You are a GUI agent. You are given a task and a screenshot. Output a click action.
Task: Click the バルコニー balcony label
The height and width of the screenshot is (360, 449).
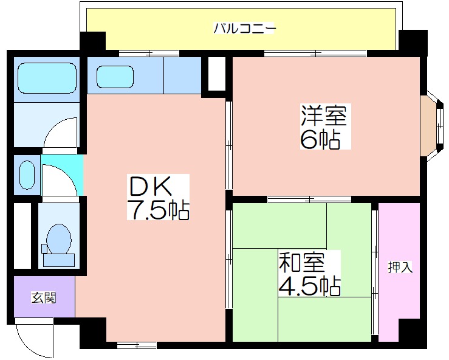[x=245, y=29]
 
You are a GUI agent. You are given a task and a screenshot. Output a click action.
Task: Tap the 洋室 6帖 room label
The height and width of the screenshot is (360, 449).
[x=325, y=126]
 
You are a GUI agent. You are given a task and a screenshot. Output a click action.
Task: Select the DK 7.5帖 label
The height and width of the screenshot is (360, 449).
[x=158, y=196]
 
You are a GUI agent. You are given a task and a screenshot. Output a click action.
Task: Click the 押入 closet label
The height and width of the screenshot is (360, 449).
[x=400, y=267]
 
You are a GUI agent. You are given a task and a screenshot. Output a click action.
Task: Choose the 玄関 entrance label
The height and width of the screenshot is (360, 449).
[x=44, y=298]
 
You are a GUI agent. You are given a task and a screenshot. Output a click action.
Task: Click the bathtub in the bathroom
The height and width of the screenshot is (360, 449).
[x=47, y=78]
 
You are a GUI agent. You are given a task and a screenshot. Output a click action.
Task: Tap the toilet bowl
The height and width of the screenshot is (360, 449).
[x=59, y=239]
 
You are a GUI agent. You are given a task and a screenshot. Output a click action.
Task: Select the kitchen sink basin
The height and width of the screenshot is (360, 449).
[x=115, y=77]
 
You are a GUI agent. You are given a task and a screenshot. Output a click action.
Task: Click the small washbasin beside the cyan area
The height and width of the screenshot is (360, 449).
[x=27, y=175]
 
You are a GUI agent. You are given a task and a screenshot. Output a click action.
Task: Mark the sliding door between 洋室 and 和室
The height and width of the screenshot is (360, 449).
[x=309, y=199]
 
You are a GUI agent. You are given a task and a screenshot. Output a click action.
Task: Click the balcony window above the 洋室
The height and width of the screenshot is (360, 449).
[x=315, y=54]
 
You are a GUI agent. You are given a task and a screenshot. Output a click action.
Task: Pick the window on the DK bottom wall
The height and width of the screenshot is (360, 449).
[x=137, y=345]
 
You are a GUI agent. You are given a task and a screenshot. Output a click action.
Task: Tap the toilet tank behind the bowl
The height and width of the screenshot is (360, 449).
[x=59, y=260]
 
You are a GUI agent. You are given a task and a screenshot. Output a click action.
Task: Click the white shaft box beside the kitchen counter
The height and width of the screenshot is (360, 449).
[x=216, y=74]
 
